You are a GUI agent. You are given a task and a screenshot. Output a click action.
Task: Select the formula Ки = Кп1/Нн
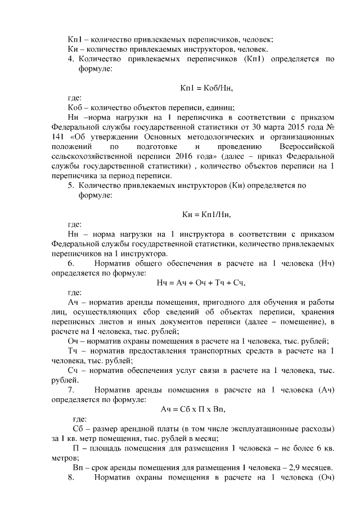[206, 214]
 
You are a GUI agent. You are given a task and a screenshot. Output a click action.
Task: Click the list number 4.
[71, 58]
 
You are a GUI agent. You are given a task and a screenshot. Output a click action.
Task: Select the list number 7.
[71, 389]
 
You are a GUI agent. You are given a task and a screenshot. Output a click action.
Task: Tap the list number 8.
[71, 478]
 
